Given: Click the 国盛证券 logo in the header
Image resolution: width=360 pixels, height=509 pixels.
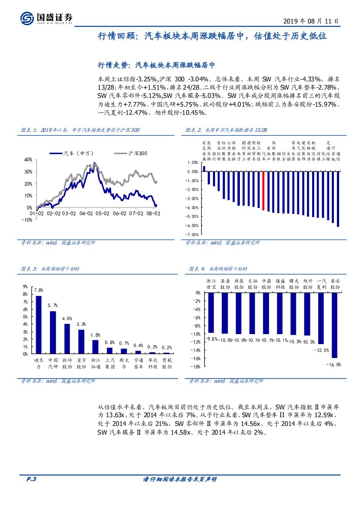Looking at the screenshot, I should [47, 18].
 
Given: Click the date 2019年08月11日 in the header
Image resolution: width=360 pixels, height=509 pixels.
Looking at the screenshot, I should [311, 20].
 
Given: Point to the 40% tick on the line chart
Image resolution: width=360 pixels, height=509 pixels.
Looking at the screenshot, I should [28, 160].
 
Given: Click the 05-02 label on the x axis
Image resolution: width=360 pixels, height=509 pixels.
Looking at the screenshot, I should [103, 214].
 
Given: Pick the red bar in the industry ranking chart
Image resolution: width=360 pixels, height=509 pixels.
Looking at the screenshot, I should [263, 191].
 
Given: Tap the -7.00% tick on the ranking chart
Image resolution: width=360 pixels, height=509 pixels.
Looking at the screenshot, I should [192, 234].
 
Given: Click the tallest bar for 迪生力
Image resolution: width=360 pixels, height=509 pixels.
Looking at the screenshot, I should [39, 325].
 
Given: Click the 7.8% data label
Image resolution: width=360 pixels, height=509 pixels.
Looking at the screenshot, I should [39, 290].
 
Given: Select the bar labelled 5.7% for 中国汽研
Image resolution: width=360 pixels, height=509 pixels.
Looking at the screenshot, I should [53, 332].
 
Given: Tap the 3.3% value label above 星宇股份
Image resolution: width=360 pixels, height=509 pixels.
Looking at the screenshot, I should [81, 324].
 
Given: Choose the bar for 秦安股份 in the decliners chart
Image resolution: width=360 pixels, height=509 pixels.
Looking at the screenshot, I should [335, 325].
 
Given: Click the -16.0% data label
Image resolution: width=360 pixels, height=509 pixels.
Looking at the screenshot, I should [334, 365].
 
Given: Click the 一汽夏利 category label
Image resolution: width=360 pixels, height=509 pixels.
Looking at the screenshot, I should [322, 284].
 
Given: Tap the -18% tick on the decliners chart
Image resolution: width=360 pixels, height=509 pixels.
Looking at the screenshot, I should [195, 367].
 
